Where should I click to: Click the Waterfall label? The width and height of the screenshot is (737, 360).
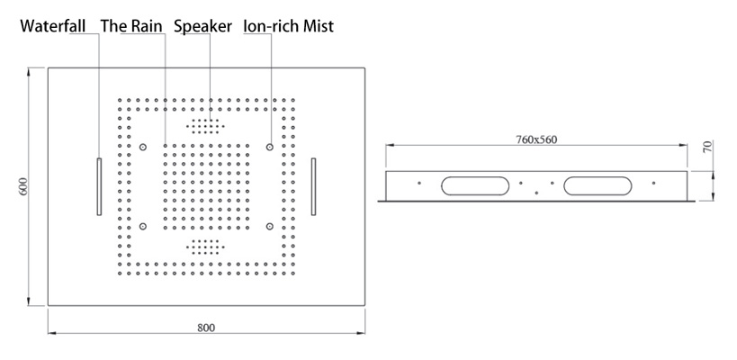click(x=52, y=26)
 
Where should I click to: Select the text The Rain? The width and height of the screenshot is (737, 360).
click(x=131, y=26)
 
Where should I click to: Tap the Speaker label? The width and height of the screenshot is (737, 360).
click(x=202, y=26)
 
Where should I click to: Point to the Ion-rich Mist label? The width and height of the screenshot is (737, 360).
click(x=288, y=26)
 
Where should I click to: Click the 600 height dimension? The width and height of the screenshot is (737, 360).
click(x=25, y=186)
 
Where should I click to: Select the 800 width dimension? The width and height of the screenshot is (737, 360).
click(x=206, y=328)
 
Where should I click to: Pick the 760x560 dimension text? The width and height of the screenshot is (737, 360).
click(x=536, y=139)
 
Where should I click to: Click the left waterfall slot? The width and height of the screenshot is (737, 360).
click(x=99, y=186)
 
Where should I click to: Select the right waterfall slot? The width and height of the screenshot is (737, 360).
click(x=313, y=186)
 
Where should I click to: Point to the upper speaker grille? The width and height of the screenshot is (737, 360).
click(x=205, y=125)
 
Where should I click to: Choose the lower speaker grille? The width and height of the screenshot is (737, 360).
click(x=205, y=246)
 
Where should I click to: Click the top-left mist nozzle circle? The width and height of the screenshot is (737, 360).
click(x=142, y=147)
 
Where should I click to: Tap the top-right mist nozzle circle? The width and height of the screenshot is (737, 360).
click(x=269, y=147)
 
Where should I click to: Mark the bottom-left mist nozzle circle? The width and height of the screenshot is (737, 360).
click(x=142, y=227)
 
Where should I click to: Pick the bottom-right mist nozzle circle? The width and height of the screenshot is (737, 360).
click(x=269, y=227)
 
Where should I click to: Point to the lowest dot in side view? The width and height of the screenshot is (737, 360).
click(x=536, y=193)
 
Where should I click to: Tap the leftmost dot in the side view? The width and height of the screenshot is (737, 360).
click(x=419, y=183)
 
